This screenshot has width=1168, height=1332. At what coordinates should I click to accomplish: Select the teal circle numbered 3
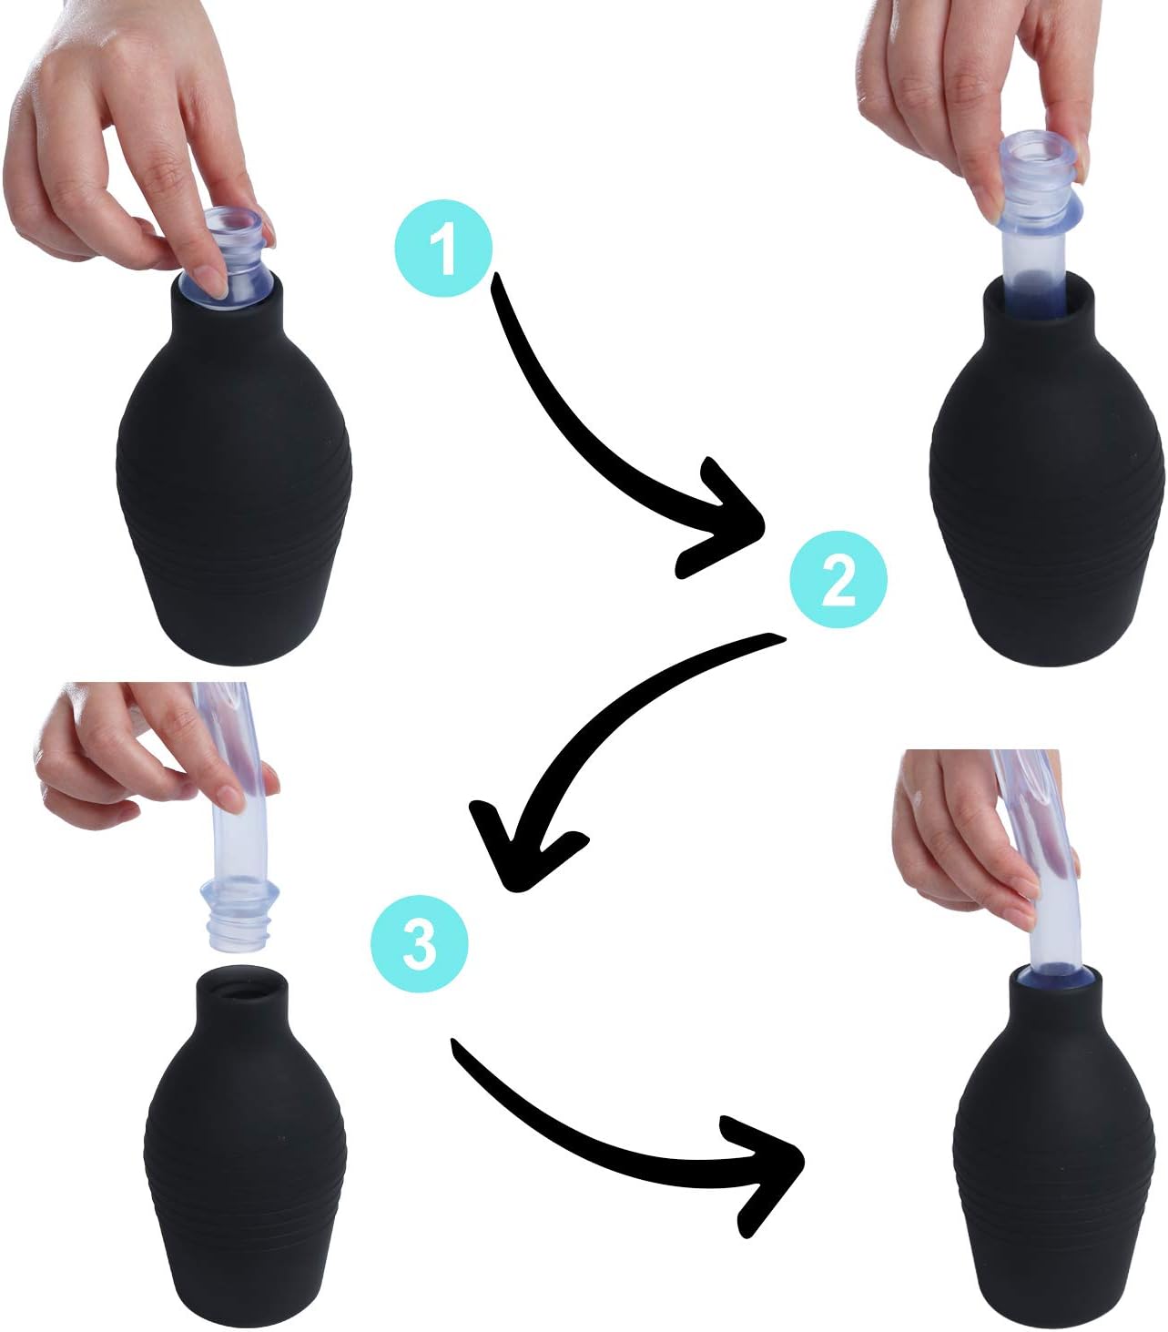pyautogui.click(x=420, y=944)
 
